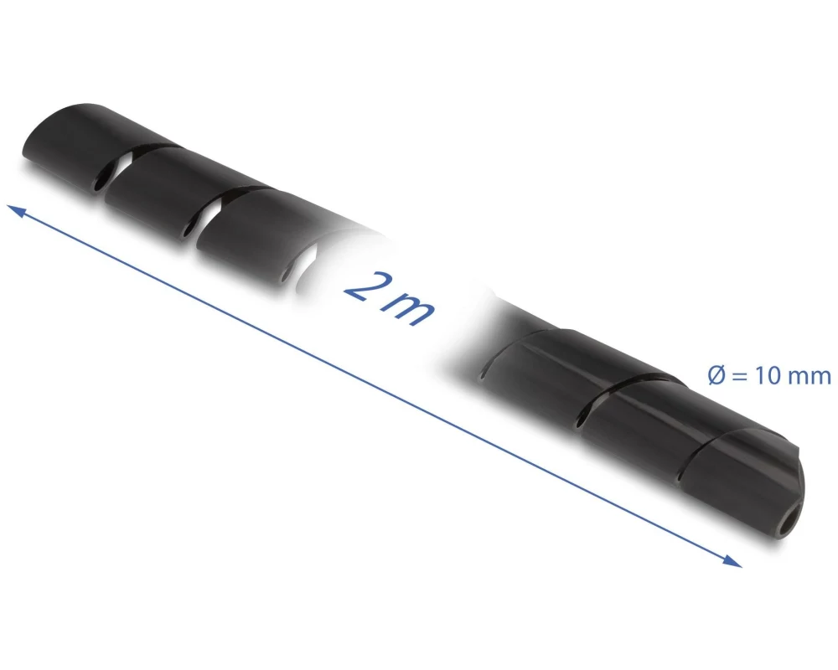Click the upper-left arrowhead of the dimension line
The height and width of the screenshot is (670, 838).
[x=15, y=210]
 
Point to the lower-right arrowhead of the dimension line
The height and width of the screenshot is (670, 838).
[x=732, y=560]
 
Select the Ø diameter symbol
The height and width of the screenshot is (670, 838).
[x=716, y=375]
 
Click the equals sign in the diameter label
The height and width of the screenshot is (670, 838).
[x=740, y=377]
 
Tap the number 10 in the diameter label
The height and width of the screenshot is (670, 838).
[x=767, y=376]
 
